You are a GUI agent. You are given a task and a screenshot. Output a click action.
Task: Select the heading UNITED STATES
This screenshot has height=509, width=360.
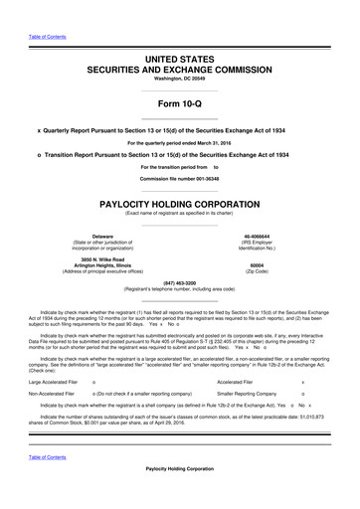180,62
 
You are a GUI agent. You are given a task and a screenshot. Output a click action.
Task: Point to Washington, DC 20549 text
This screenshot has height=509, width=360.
180,83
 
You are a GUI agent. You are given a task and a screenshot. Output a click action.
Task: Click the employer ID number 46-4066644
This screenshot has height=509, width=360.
258,236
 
